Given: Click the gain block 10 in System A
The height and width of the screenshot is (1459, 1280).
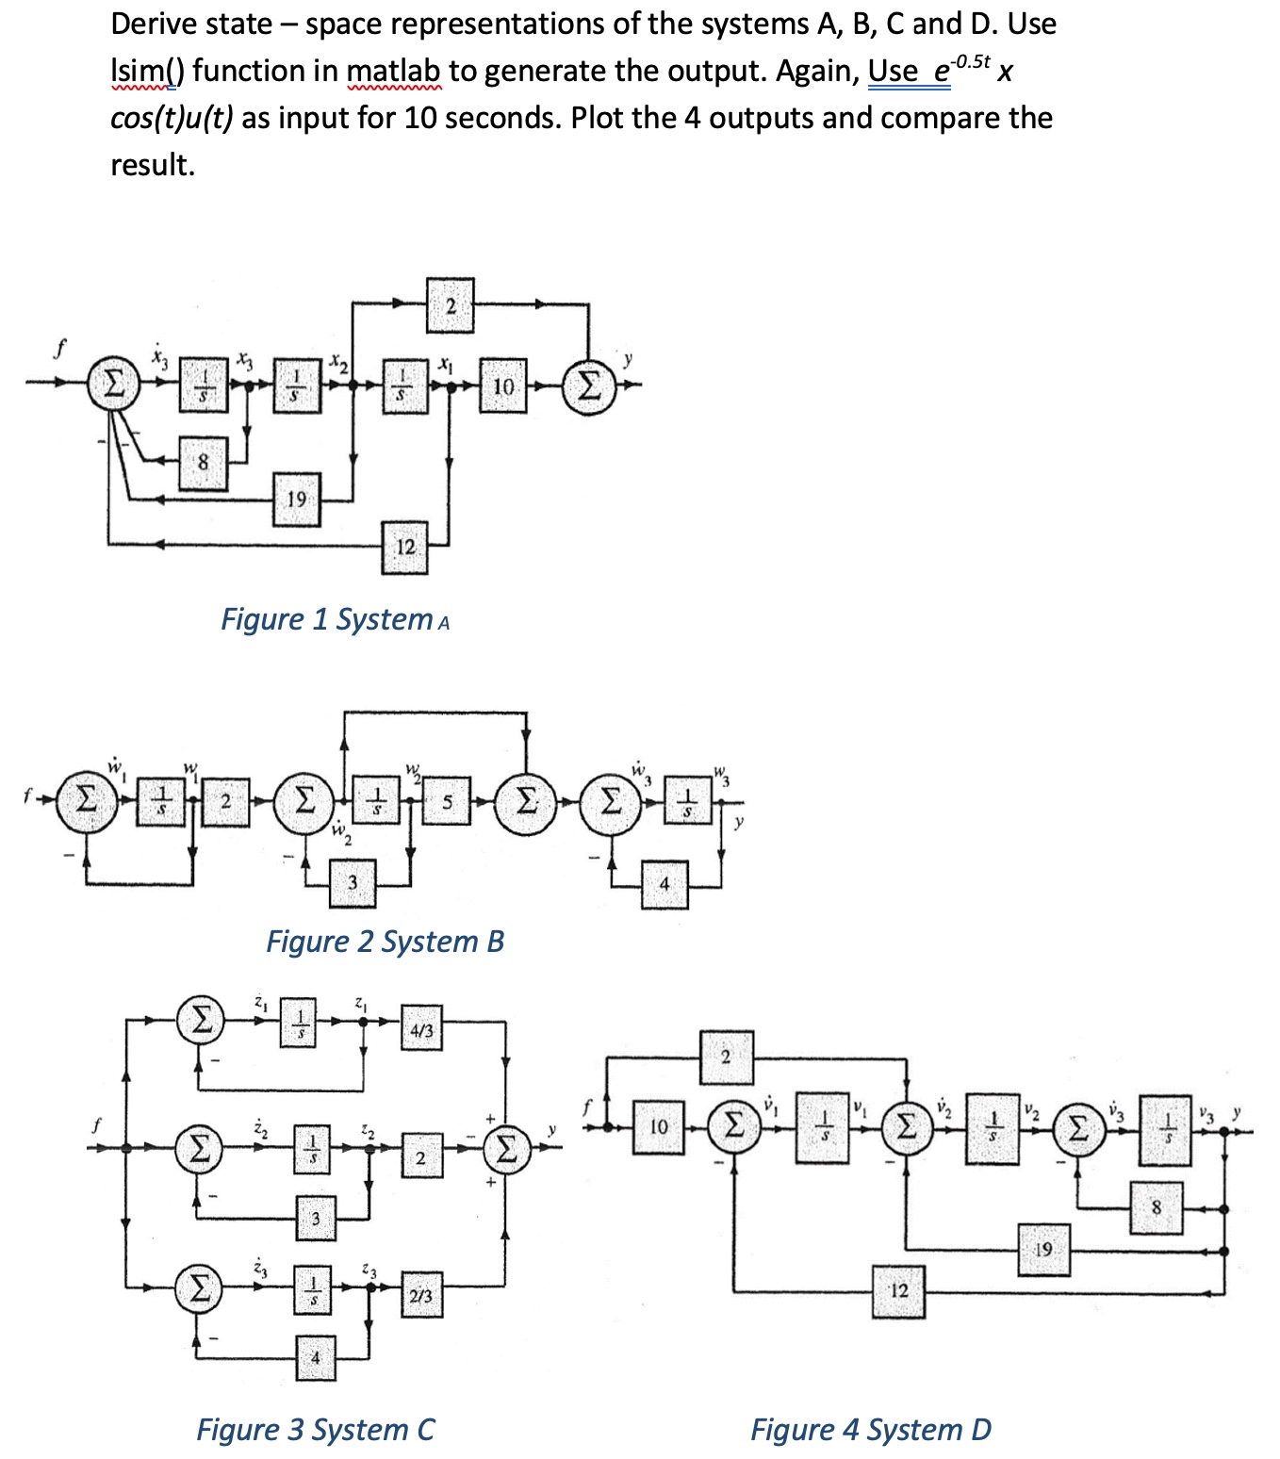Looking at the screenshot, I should [x=503, y=385].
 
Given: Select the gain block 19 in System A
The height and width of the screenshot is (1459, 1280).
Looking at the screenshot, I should [x=297, y=500].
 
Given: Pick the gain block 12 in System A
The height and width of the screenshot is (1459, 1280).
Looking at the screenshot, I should [x=404, y=548].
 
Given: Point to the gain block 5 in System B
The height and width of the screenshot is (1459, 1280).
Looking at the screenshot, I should [x=447, y=802].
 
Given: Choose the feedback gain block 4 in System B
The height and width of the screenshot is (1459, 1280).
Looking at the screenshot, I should [x=665, y=884].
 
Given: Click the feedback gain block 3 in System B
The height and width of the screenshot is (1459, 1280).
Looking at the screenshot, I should [x=353, y=883].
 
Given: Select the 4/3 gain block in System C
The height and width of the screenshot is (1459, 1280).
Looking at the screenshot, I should [x=421, y=1031].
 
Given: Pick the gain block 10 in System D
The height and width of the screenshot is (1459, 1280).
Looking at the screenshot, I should [x=659, y=1126].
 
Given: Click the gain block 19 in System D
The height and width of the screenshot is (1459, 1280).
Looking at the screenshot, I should [x=1043, y=1251].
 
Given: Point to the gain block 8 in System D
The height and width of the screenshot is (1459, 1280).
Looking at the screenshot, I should [x=1157, y=1207].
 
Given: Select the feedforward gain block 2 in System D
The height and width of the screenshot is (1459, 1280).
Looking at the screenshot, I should [x=725, y=1057].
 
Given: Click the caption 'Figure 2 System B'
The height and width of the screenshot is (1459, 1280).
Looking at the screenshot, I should [x=386, y=942].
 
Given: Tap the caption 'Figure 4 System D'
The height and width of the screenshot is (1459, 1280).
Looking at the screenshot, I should [x=871, y=1430].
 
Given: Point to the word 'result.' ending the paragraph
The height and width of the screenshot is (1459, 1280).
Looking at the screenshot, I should [x=153, y=165].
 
